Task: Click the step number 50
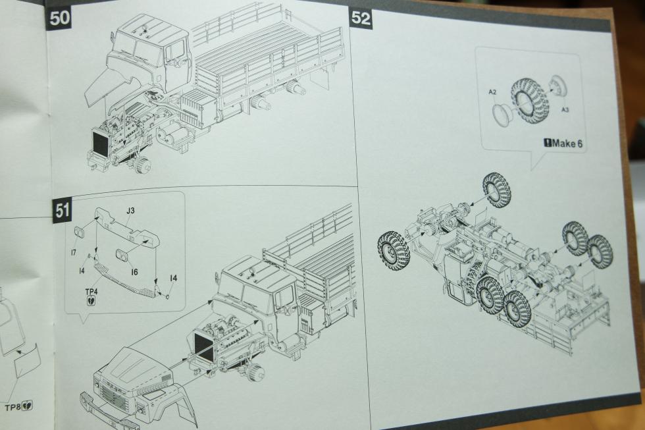coord(60,18)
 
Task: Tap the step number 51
coord(63,210)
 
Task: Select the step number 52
coord(361,18)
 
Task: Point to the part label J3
coord(130,211)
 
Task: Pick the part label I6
coord(134,271)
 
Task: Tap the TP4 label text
coord(91,291)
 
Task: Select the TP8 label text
coord(14,408)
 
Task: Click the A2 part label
coord(492,92)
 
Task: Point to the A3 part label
coord(565,109)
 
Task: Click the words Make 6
coord(567,143)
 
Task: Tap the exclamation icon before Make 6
coord(548,143)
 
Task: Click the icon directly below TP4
coord(91,301)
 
